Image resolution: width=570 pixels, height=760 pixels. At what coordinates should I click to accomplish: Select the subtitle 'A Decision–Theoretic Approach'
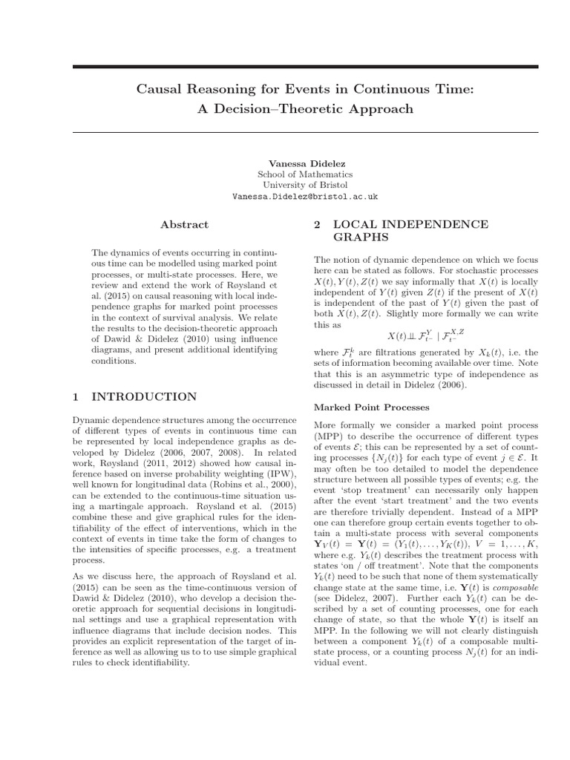[x=304, y=109]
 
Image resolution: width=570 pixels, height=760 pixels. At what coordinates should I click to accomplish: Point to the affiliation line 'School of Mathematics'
[x=305, y=174]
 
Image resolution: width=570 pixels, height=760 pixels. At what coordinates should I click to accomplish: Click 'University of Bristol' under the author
[x=305, y=185]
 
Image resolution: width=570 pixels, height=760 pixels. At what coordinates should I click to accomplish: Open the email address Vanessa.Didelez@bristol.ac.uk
[x=305, y=197]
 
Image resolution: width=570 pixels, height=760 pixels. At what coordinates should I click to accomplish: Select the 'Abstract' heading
[x=185, y=224]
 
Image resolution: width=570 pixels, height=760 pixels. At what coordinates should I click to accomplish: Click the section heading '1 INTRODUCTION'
[x=134, y=397]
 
